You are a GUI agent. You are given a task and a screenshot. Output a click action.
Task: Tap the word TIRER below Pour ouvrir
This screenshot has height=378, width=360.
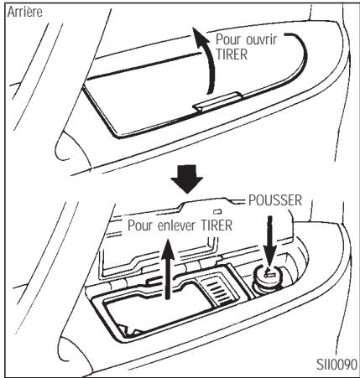coord(236,54)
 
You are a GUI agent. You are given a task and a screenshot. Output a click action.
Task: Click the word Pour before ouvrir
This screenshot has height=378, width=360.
coord(228,39)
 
